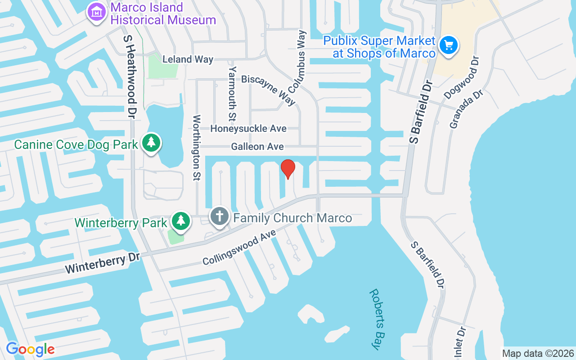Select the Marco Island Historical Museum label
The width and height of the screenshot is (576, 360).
click(x=163, y=14)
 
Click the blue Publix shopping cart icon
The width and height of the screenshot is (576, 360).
click(x=448, y=45)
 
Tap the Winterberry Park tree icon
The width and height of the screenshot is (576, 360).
click(x=180, y=220)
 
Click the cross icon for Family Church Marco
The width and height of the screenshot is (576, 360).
click(x=220, y=216)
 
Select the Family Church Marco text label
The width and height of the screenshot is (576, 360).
click(x=292, y=218)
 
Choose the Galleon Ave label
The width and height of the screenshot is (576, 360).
click(x=257, y=147)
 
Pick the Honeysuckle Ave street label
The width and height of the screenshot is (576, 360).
click(x=248, y=129)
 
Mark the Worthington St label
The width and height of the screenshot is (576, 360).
click(x=197, y=148)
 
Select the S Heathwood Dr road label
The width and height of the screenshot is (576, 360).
click(x=129, y=75)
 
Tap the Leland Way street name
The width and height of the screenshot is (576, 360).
click(x=188, y=59)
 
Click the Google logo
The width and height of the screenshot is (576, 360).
click(x=30, y=349)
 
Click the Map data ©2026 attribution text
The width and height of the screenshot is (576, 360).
click(x=538, y=353)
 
